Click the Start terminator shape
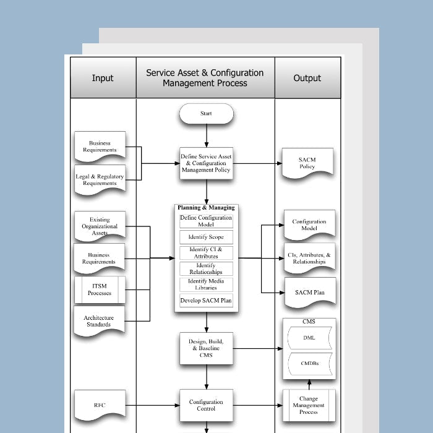(x=206, y=114)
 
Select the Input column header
(x=103, y=78)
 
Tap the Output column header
(x=307, y=78)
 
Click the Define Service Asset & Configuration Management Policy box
(x=206, y=163)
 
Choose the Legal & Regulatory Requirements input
(x=100, y=179)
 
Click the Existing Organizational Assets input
(x=100, y=226)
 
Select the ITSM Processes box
(x=100, y=289)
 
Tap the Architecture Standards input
(x=100, y=320)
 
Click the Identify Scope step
(x=207, y=237)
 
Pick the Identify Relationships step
(x=207, y=268)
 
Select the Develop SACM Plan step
(x=207, y=301)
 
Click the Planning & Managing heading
(x=206, y=208)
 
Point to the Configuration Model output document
(x=309, y=225)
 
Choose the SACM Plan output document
(x=309, y=292)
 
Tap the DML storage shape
(x=309, y=338)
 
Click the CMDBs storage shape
(x=309, y=364)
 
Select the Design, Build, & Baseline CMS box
(x=206, y=348)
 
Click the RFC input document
(x=100, y=405)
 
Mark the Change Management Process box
(x=309, y=405)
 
